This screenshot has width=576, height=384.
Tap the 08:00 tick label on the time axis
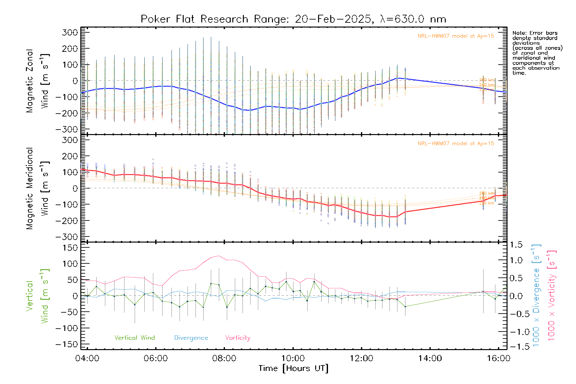(224, 358)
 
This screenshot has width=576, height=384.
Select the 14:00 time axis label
(430, 358)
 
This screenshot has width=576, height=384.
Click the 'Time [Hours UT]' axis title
(293, 368)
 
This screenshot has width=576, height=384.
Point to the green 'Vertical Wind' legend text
(134, 338)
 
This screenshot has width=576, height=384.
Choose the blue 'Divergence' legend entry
(191, 338)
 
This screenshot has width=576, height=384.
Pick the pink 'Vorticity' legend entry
(237, 338)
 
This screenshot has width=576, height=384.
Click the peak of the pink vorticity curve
(219, 256)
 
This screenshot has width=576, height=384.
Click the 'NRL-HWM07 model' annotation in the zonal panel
(456, 36)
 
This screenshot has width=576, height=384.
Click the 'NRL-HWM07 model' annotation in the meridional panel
(456, 144)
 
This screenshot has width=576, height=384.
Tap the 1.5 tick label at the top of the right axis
(516, 245)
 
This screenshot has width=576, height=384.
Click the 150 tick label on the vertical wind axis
(70, 248)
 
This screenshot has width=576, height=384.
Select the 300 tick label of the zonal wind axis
(70, 32)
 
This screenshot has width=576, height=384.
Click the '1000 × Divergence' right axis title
(536, 295)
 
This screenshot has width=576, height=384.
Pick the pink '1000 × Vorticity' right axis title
(551, 295)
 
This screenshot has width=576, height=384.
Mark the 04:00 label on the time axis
(87, 358)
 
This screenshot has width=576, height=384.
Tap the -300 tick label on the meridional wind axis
(67, 237)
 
